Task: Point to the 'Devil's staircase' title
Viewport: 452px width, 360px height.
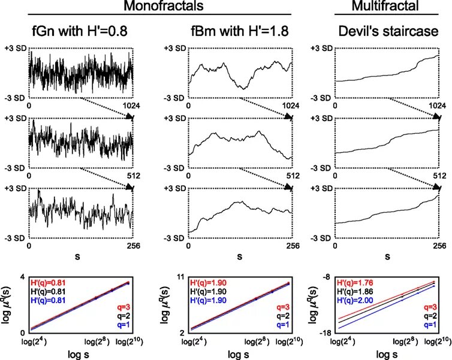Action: coord(379,32)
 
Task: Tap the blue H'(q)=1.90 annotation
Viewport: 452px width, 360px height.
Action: coord(210,300)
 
